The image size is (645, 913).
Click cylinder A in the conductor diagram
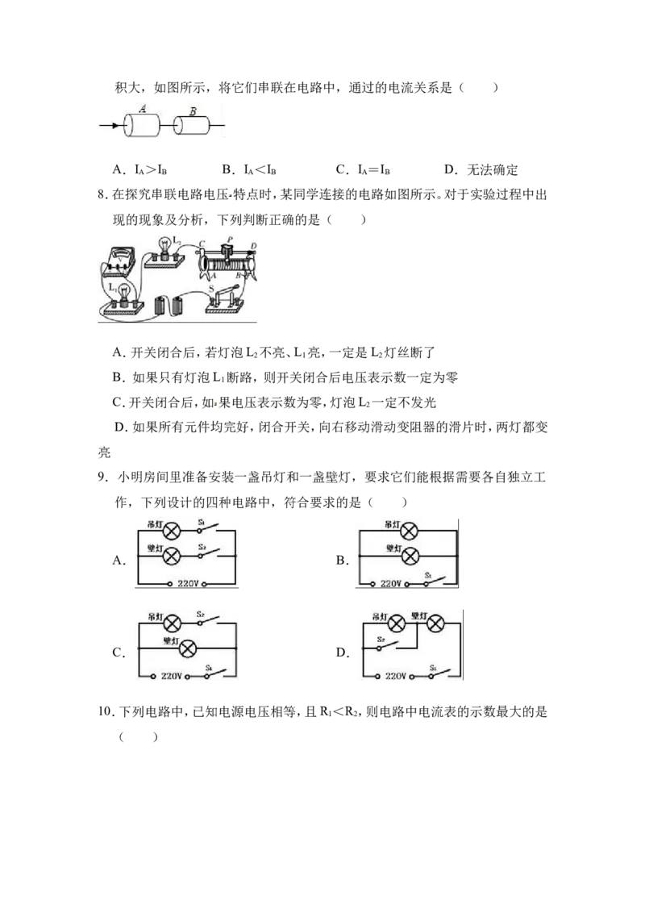(141, 125)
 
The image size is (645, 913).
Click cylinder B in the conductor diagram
(192, 124)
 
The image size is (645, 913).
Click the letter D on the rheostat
(254, 246)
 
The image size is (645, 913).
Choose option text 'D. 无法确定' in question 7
(481, 169)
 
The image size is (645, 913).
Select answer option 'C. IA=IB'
(363, 169)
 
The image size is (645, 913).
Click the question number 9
(102, 477)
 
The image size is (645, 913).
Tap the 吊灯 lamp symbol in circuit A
(171, 531)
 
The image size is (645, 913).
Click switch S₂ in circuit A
(208, 553)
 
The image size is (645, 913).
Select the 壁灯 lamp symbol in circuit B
(410, 556)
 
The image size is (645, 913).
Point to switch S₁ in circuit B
(434, 581)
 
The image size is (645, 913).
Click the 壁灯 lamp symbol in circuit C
(187, 648)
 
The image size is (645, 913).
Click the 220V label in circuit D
(396, 676)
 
